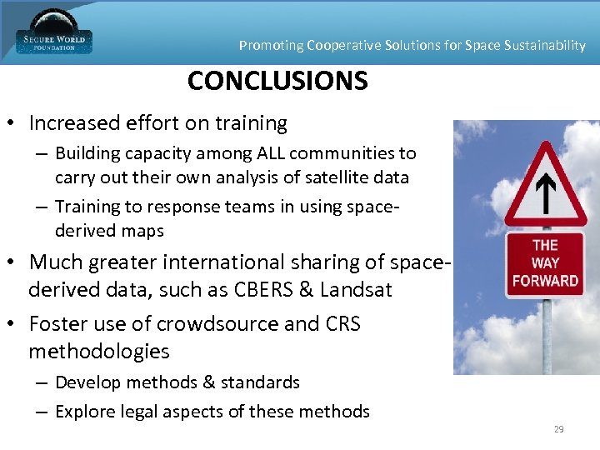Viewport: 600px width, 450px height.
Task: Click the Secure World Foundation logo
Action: pyautogui.click(x=54, y=32)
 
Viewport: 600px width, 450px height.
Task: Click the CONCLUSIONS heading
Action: pyautogui.click(x=277, y=81)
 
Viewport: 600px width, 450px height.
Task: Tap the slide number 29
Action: pyautogui.click(x=558, y=429)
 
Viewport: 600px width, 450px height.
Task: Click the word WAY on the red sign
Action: pyautogui.click(x=545, y=262)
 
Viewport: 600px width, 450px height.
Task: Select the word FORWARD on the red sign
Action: pyautogui.click(x=545, y=281)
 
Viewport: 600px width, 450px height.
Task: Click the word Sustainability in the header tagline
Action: pyautogui.click(x=539, y=45)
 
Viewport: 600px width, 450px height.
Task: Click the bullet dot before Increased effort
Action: pyautogui.click(x=12, y=124)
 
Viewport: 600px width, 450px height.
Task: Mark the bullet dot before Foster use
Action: pyautogui.click(x=12, y=323)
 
